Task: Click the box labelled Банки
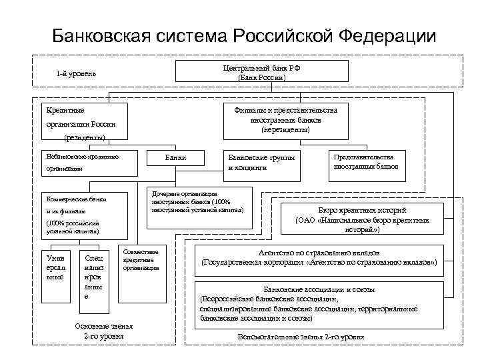coord(176,158)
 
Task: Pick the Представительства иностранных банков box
coord(366,162)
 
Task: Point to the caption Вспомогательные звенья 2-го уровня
coord(301,337)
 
